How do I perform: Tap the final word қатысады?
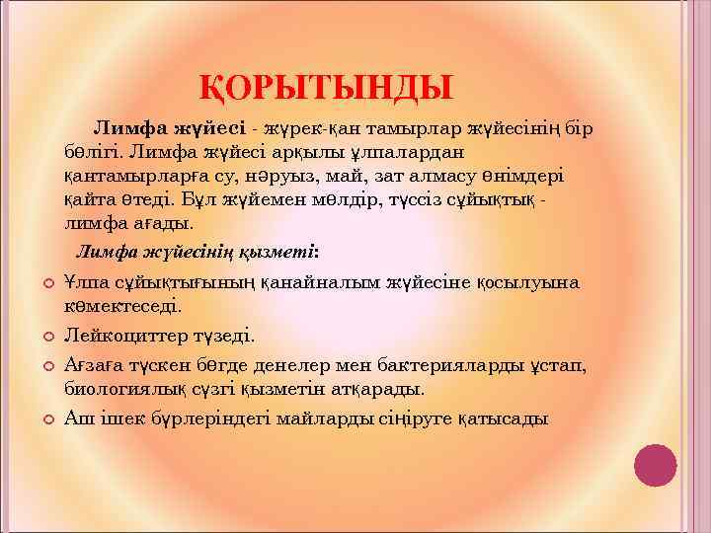tap(502, 419)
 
